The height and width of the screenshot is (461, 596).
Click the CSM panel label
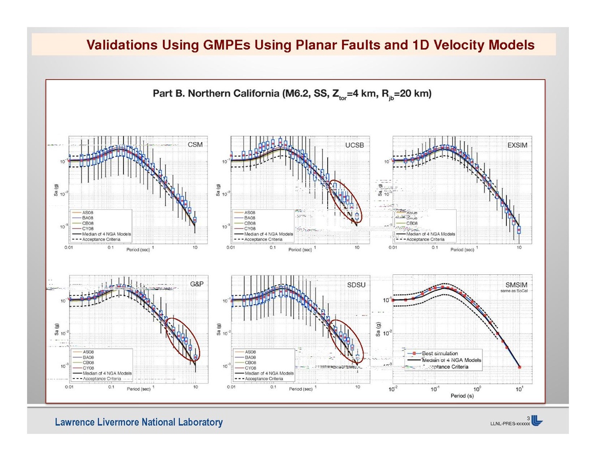click(195, 146)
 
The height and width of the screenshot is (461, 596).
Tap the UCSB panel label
click(355, 146)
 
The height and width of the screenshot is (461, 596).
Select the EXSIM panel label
click(517, 146)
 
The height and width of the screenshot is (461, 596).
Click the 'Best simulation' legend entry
click(440, 353)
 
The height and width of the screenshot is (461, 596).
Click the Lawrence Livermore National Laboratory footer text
click(139, 423)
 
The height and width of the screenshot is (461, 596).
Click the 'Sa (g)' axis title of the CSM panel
click(57, 191)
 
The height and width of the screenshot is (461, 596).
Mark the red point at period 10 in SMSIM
click(519, 367)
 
